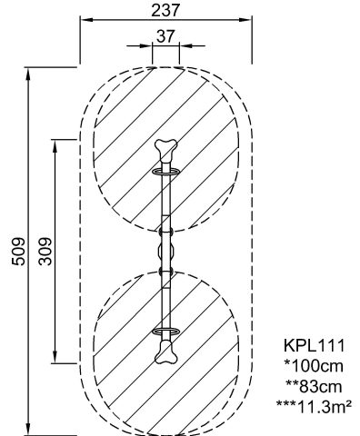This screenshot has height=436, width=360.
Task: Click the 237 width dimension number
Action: [x=165, y=10]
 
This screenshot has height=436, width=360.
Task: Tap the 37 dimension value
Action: [x=165, y=36]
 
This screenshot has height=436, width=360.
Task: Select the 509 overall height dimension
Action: [x=18, y=252]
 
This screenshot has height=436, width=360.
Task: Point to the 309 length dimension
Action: [x=45, y=252]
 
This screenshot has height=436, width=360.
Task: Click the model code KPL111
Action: [x=314, y=345]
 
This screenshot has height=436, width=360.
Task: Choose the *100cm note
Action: [x=314, y=366]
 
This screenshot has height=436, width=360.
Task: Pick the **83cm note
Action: [x=314, y=387]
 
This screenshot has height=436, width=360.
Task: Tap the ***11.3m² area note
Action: [x=314, y=407]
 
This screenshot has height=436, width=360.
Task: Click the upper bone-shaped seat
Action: [x=165, y=149]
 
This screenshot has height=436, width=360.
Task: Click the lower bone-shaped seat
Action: [x=165, y=352]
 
